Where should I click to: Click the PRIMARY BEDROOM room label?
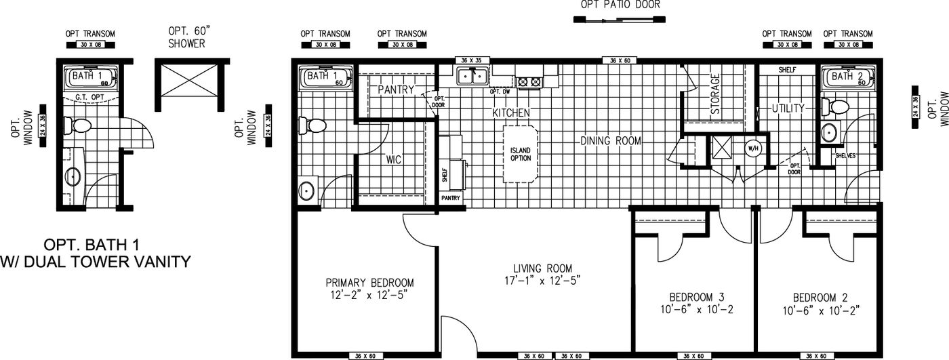click(369, 283)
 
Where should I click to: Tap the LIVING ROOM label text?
click(542, 268)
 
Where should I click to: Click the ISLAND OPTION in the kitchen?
click(521, 153)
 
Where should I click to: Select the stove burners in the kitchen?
click(529, 82)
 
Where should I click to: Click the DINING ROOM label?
click(610, 141)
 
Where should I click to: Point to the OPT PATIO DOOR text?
click(620, 5)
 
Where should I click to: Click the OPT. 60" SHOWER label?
click(186, 38)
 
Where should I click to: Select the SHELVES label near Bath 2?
click(845, 155)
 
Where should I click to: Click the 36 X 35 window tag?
click(468, 60)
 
